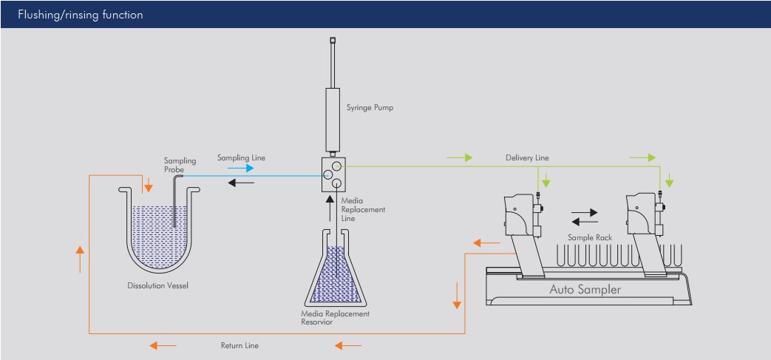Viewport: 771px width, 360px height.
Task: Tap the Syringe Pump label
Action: click(x=370, y=107)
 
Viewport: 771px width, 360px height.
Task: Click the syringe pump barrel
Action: click(x=333, y=119)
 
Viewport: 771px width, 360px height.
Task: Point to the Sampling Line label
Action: click(x=241, y=157)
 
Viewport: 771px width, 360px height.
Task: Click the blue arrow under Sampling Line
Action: click(x=241, y=169)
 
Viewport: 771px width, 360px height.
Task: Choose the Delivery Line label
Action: click(x=527, y=157)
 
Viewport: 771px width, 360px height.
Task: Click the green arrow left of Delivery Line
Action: click(x=458, y=157)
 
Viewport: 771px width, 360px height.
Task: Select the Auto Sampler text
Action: click(x=585, y=289)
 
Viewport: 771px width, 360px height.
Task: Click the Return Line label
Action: click(x=240, y=345)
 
